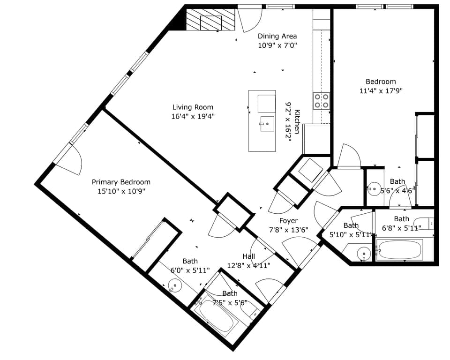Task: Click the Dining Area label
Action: click(277, 36)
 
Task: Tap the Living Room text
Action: click(193, 107)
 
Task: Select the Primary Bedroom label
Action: click(121, 182)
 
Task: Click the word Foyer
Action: click(288, 221)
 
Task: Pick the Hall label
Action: click(249, 256)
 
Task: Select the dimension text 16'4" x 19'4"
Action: click(193, 116)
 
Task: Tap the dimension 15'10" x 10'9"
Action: click(121, 191)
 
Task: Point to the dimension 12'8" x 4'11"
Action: click(249, 265)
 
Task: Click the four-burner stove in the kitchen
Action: click(322, 101)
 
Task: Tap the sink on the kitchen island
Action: click(266, 124)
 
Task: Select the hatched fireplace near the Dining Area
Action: click(211, 20)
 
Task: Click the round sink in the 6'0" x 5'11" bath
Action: click(174, 285)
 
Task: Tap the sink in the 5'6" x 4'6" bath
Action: click(374, 189)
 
